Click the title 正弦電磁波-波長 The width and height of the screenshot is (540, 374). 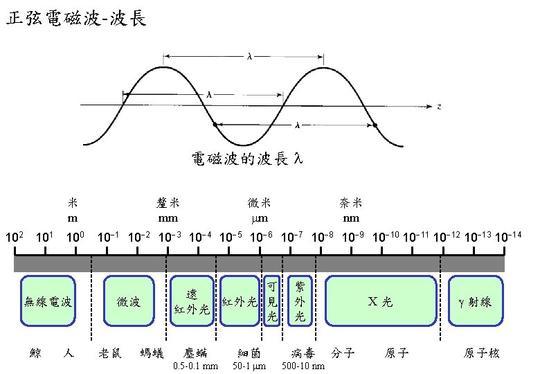[x=76, y=19]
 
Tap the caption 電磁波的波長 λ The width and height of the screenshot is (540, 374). [x=247, y=160]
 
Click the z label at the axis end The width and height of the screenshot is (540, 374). [x=439, y=106]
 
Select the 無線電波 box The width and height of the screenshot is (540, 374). [x=48, y=301]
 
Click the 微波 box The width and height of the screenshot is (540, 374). [x=129, y=301]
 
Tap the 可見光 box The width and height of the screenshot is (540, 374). [x=272, y=301]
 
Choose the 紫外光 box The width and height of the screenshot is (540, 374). [x=300, y=301]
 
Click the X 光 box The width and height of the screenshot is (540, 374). [x=380, y=301]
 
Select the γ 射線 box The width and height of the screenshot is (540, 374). [x=475, y=301]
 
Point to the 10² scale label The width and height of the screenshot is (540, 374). [x=15, y=238]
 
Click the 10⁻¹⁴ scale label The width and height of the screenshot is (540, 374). [x=508, y=238]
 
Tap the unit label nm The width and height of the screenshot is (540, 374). [x=351, y=218]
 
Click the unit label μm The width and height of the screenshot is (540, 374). [x=259, y=218]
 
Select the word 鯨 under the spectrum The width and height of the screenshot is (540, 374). [x=36, y=353]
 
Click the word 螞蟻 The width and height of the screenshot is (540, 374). [x=152, y=353]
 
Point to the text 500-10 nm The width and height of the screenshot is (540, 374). [x=304, y=366]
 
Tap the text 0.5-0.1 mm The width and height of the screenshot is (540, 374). [x=195, y=366]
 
